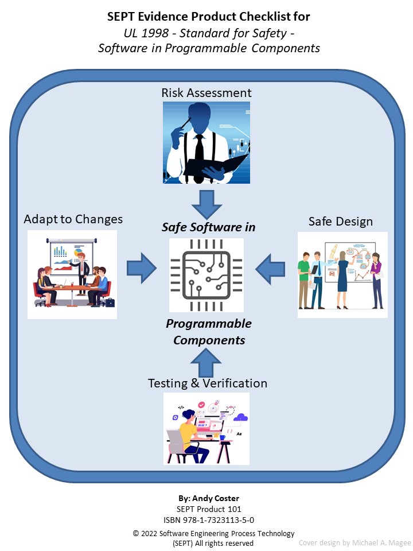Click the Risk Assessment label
point(206,93)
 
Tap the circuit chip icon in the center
point(206,274)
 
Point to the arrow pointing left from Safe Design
point(271,267)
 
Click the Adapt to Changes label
point(73,219)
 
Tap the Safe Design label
point(341,222)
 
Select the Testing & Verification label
point(208,383)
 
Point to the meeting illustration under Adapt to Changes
point(72,274)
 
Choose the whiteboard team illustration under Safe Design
point(342,275)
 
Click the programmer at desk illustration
point(206,428)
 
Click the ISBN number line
point(206,520)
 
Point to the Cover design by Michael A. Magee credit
point(354,542)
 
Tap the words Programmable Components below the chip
point(209,332)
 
